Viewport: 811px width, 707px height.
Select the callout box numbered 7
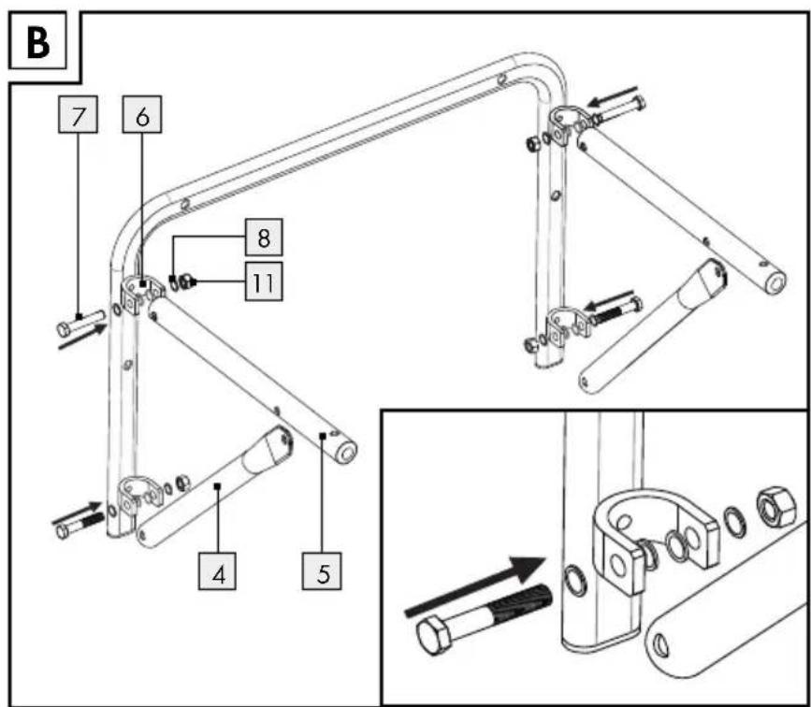(x=78, y=114)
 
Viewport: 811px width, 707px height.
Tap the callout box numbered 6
(x=142, y=114)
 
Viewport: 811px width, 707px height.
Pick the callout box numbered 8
(x=264, y=238)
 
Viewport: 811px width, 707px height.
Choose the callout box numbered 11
(x=264, y=281)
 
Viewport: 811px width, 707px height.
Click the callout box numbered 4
(x=217, y=571)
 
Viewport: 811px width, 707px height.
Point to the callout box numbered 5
(x=322, y=571)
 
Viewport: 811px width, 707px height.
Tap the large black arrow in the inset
(x=476, y=585)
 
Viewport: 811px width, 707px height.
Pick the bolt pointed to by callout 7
(x=80, y=323)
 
